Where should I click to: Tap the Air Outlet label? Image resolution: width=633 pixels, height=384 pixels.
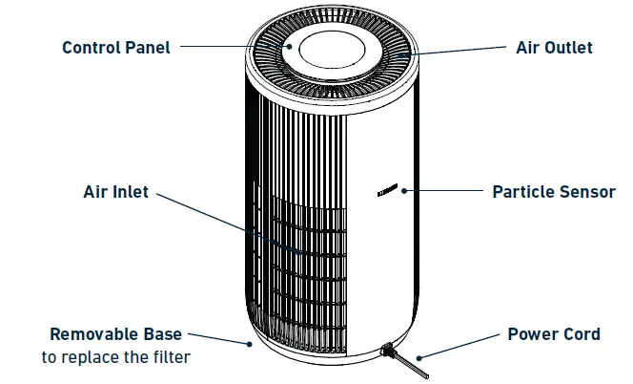(554, 47)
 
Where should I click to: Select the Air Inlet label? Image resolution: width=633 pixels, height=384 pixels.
(115, 192)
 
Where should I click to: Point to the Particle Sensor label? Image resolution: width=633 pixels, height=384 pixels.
(553, 191)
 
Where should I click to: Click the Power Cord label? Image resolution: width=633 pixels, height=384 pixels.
(553, 334)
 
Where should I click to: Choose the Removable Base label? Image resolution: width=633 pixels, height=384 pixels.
(115, 334)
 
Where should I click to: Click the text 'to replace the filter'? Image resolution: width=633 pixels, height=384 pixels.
(115, 357)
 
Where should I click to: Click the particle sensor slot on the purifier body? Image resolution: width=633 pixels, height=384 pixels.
(387, 191)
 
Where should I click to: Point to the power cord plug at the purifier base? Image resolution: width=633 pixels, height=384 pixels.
(387, 352)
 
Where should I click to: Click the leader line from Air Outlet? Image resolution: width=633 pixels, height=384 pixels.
(458, 50)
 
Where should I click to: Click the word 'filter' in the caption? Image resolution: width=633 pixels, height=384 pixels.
(170, 357)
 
